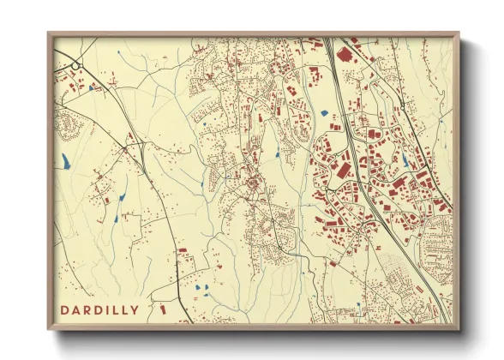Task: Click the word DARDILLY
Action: pos(99,308)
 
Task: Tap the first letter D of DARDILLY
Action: pos(65,308)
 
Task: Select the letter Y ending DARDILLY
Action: pos(135,308)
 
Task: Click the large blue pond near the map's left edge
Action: pos(65,159)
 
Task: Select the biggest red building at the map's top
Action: pos(345,54)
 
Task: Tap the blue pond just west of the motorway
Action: pos(323,112)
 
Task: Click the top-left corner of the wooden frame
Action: pos(48,33)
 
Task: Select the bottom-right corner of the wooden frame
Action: pos(459,329)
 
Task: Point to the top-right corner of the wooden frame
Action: pos(459,33)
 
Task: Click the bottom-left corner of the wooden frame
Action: pos(48,329)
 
